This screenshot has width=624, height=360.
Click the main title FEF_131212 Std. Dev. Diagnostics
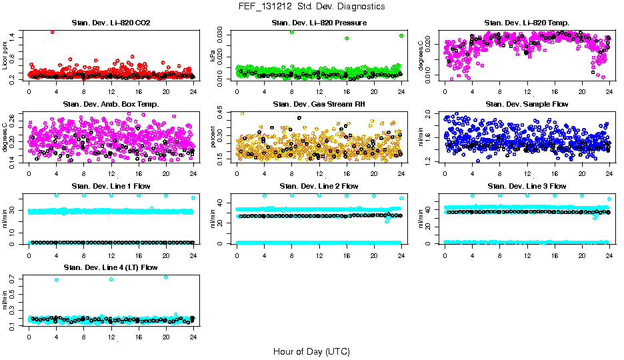311,7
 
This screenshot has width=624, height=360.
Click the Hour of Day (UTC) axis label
311,351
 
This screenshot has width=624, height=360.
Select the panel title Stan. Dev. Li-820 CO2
110,23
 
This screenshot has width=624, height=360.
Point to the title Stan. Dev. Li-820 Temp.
527,23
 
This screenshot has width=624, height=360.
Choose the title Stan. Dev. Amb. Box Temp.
110,105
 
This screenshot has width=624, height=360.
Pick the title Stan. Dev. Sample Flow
527,105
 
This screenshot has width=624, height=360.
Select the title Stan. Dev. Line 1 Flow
110,186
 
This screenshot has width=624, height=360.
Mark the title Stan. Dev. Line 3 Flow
527,186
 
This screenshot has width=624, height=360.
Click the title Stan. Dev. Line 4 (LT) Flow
110,267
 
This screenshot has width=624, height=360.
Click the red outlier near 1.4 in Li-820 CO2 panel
52,31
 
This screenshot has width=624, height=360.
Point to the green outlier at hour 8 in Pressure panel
291,32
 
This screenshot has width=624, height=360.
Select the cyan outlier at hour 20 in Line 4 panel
166,277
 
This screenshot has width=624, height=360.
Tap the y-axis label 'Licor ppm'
5,56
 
